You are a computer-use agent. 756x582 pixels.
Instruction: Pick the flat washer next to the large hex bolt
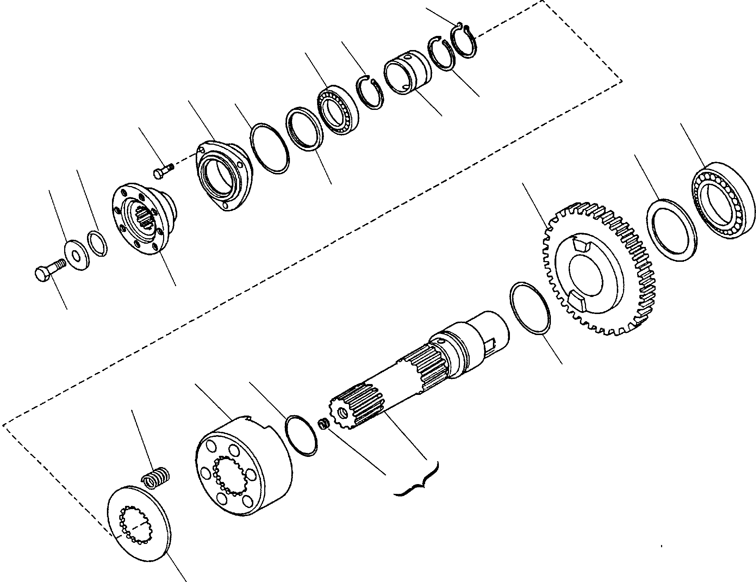77,254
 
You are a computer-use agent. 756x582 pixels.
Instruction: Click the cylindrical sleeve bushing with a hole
408,73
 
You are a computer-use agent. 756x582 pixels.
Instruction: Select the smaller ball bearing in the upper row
339,111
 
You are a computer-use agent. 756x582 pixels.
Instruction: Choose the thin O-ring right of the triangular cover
270,148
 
